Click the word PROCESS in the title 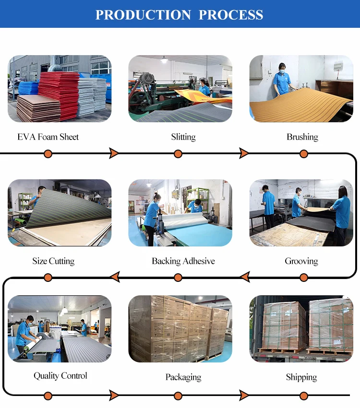[x=231, y=14]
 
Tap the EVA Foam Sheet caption [x=48, y=137]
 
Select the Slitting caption [x=183, y=137]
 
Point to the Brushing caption [x=302, y=137]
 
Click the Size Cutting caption [x=53, y=261]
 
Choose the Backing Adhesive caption [x=183, y=261]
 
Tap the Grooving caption [x=301, y=261]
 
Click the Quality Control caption [x=60, y=375]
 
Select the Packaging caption [x=183, y=377]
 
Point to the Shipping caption [x=301, y=377]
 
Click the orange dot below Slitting [x=178, y=154]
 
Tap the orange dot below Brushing [x=304, y=154]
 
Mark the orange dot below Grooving [x=304, y=277]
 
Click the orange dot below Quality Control [x=48, y=396]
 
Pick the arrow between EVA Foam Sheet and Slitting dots [x=114, y=153]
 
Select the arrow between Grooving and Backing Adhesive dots [x=244, y=277]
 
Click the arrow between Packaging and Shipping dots [x=244, y=396]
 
